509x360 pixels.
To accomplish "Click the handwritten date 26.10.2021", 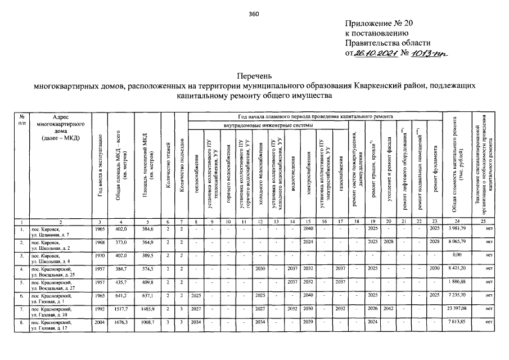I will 375,53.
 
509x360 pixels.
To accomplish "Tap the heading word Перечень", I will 254,75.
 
